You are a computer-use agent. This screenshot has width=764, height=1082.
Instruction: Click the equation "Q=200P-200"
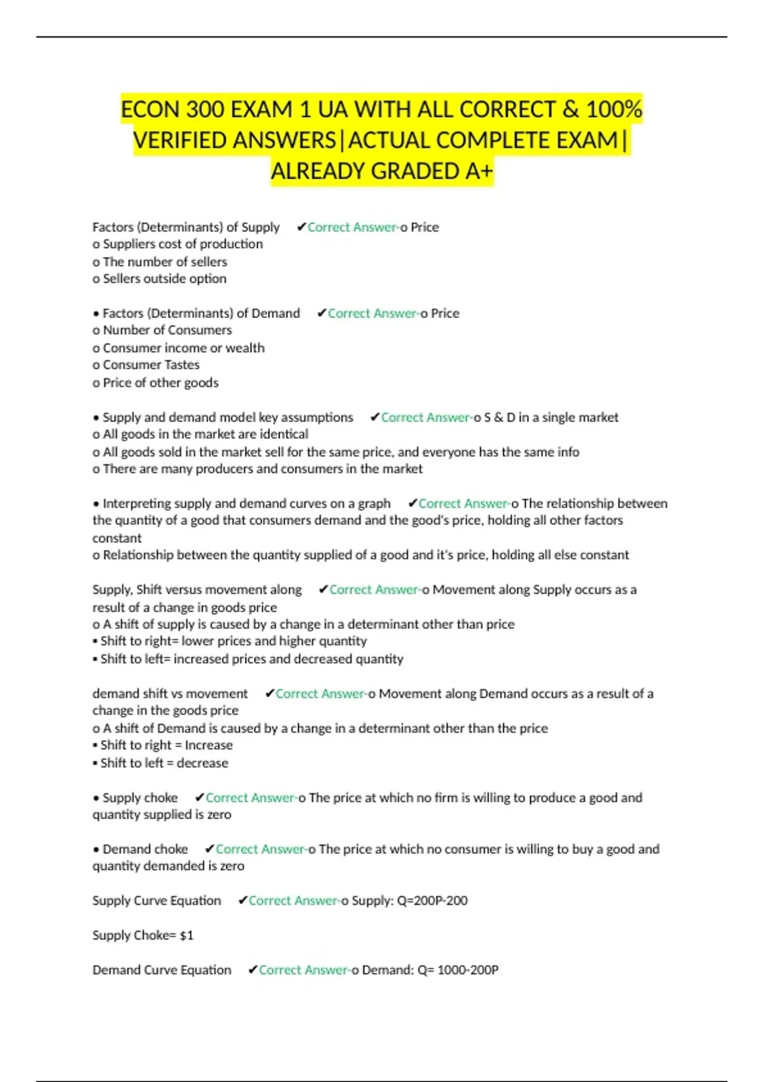tap(432, 901)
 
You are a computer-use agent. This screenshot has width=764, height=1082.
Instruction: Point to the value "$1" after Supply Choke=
tap(187, 935)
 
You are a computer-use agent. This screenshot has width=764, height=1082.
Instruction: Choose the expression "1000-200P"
tap(467, 970)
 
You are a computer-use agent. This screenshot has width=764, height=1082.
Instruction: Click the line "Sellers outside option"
tap(164, 279)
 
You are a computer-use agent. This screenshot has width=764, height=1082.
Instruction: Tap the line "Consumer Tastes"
tap(151, 365)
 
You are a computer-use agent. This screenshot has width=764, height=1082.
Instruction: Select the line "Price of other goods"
tap(160, 383)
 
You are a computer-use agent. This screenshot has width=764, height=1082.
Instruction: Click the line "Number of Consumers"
tap(167, 330)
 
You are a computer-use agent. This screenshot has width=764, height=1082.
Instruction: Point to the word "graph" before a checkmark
tap(374, 503)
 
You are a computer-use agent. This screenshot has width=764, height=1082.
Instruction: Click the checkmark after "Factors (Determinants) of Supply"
tap(301, 227)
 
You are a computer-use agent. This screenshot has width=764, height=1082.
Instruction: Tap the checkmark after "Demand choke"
tap(209, 849)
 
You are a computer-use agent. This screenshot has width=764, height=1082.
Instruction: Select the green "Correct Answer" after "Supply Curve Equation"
tap(292, 901)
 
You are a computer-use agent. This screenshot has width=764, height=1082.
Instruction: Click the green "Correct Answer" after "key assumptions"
tap(425, 418)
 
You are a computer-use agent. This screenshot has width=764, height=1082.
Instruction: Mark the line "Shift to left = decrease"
tap(164, 763)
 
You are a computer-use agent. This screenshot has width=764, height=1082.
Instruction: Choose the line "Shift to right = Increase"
tap(166, 745)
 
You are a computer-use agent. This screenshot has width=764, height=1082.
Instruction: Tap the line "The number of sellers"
tap(165, 262)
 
